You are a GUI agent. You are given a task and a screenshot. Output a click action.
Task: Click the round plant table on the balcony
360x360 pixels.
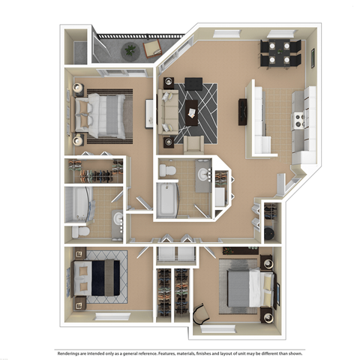(x=130, y=49)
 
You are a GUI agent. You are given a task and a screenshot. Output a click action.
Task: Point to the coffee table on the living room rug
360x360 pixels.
(x=196, y=109)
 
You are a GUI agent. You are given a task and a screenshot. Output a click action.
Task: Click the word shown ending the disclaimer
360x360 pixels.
(x=293, y=352)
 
